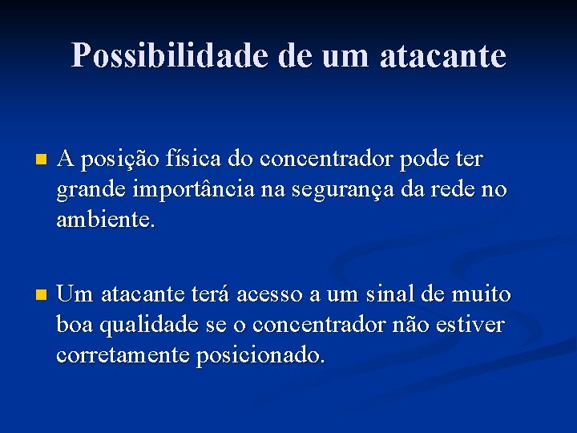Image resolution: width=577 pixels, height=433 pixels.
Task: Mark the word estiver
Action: point(473,325)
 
